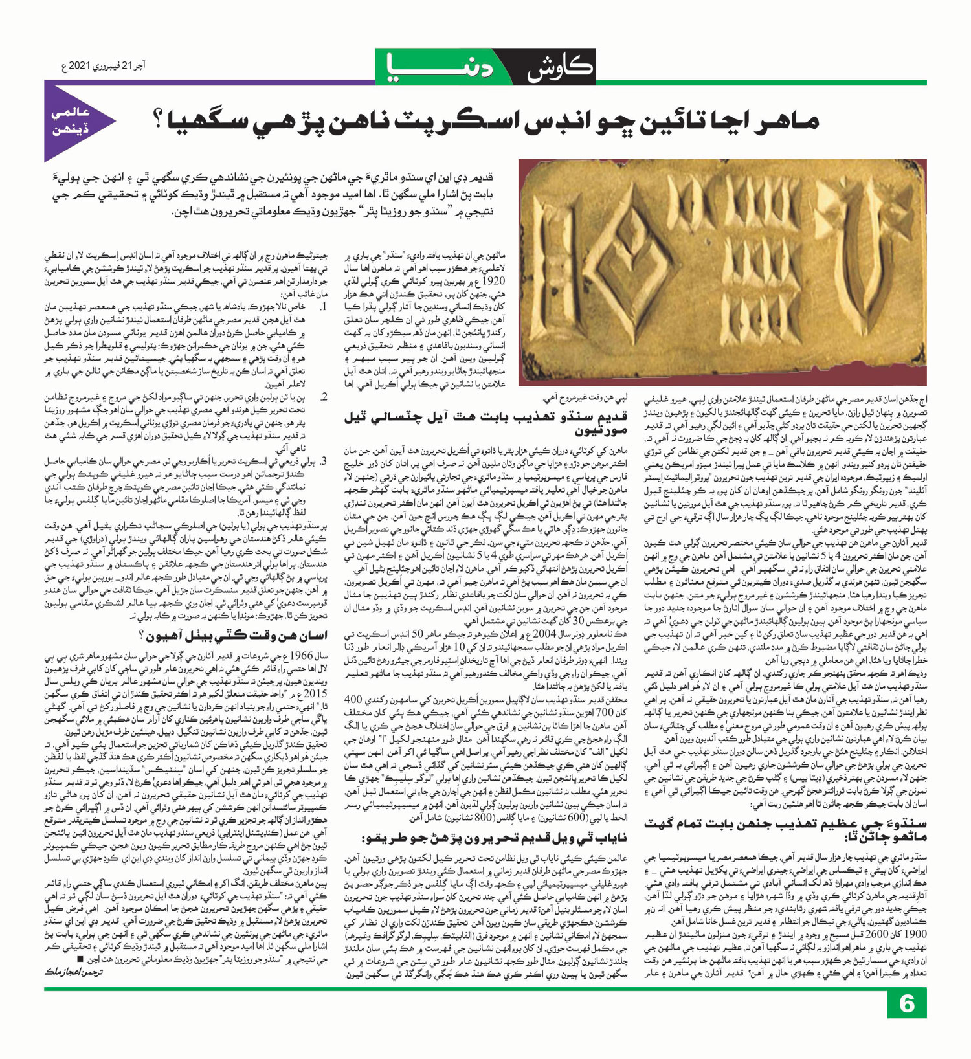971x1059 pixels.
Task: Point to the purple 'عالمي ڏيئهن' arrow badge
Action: point(76,122)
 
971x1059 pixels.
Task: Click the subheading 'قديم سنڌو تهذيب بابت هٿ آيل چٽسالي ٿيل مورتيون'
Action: point(486,425)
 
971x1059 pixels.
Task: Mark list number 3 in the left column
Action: point(324,462)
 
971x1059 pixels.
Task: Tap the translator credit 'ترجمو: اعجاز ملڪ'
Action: point(74,972)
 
